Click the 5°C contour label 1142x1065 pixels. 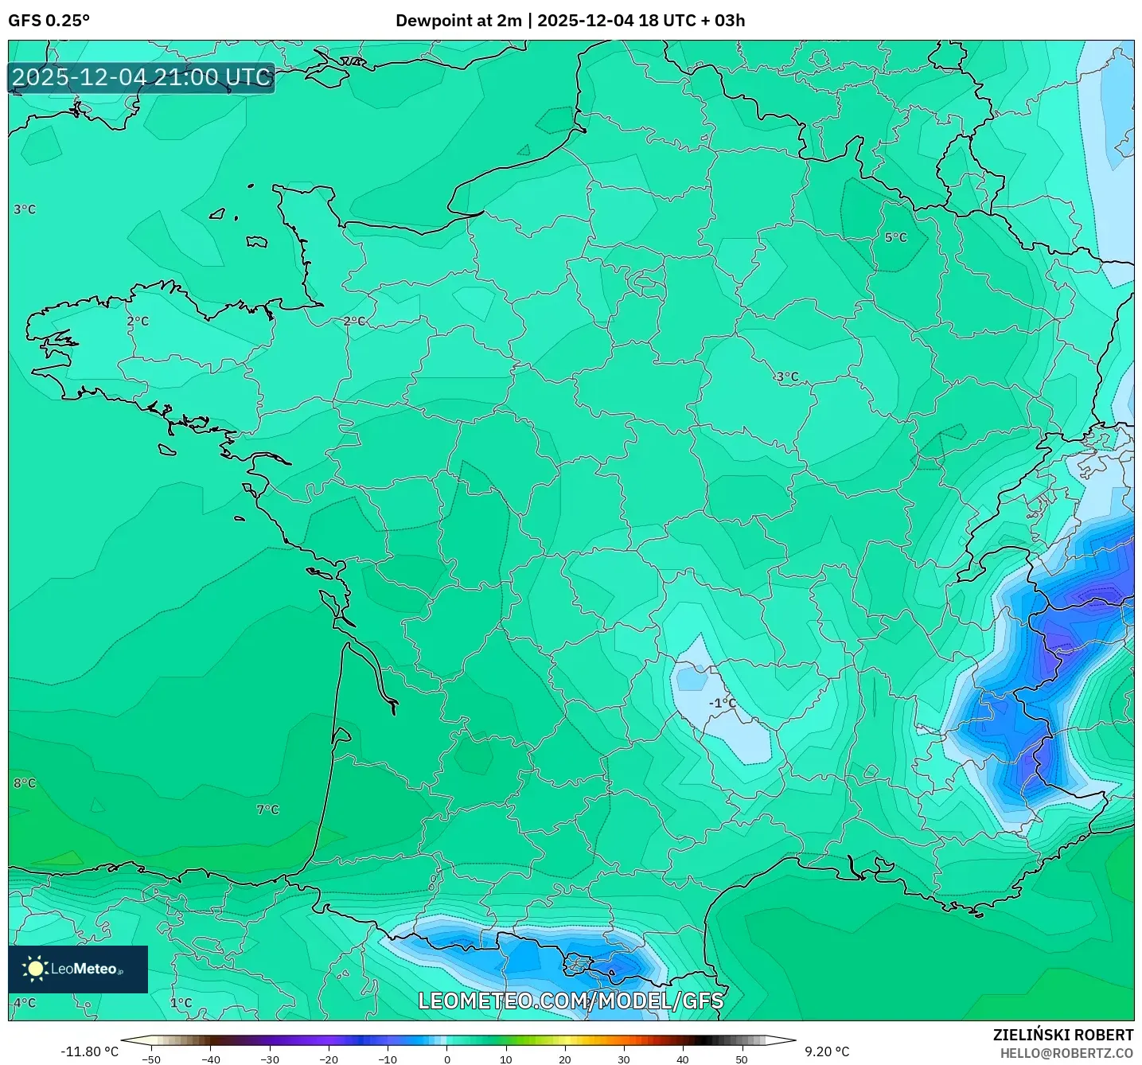coord(895,237)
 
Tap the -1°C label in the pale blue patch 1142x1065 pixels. coord(723,703)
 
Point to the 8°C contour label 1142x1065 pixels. coord(25,783)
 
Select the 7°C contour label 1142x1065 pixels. coord(267,809)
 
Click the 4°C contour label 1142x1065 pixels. coord(25,1003)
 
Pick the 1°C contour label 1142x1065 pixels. coord(181,1003)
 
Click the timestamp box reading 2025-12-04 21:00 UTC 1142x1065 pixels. coord(142,77)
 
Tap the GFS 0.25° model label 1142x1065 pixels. coord(49,21)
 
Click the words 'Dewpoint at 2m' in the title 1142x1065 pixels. coord(458,21)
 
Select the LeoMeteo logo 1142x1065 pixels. coord(78,969)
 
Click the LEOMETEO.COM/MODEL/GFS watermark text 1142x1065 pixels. coord(571,1001)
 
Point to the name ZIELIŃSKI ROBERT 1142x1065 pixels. coord(1062,1035)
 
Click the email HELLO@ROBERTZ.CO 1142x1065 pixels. coord(1066,1053)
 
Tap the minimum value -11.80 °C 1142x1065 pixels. coord(89,1051)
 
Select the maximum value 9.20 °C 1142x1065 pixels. coord(827,1051)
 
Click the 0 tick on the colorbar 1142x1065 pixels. coord(447,1059)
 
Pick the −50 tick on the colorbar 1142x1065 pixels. coord(150,1059)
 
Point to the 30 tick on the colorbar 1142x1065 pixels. coord(624,1059)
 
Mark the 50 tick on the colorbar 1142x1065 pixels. coord(742,1059)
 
